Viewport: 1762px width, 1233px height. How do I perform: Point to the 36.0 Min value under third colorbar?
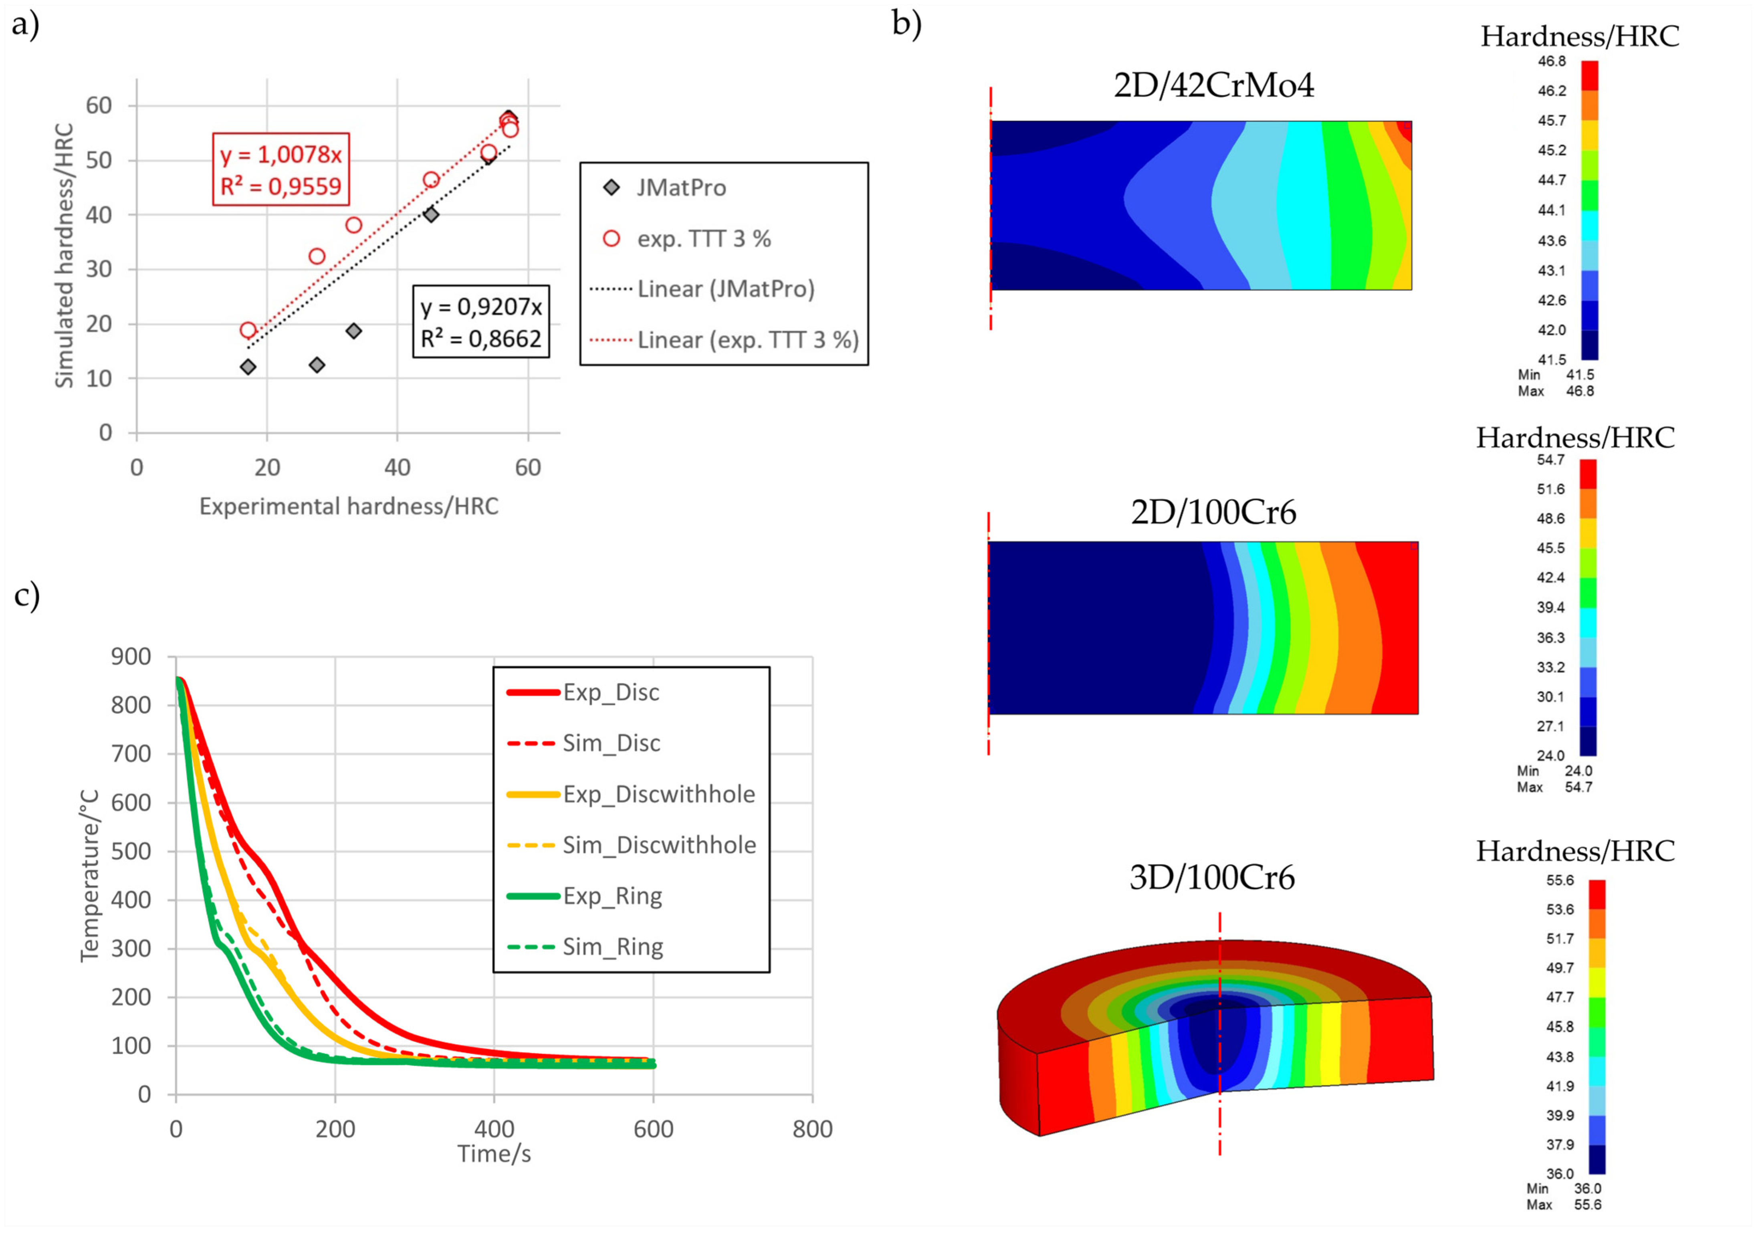pos(1587,1189)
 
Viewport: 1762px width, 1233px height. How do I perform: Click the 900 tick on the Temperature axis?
pos(131,657)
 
